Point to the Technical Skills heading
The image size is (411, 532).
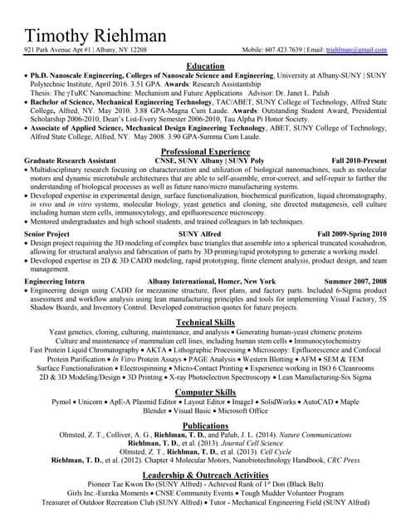(205, 322)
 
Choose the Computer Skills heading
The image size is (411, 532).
(205, 392)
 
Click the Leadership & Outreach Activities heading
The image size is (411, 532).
(205, 474)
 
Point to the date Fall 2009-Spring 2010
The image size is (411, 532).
(352, 234)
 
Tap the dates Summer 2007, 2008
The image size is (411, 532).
(355, 282)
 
